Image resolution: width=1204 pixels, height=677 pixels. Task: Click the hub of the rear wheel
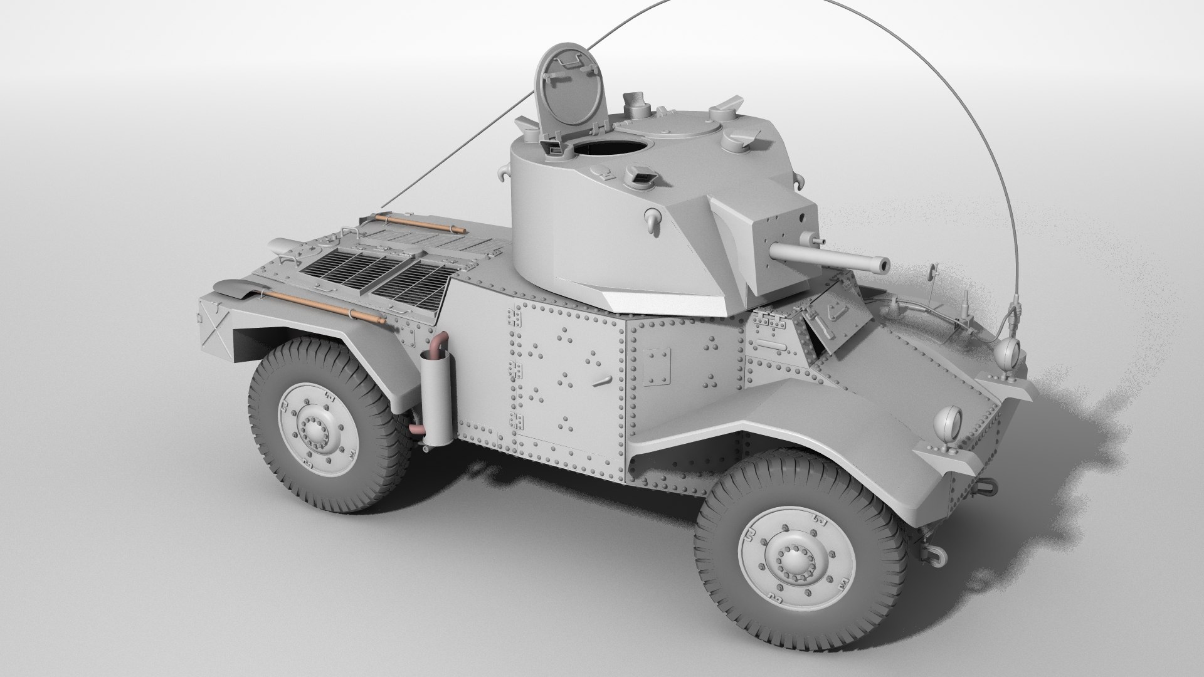[x=314, y=428]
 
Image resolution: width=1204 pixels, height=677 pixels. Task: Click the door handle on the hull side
[x=603, y=380]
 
